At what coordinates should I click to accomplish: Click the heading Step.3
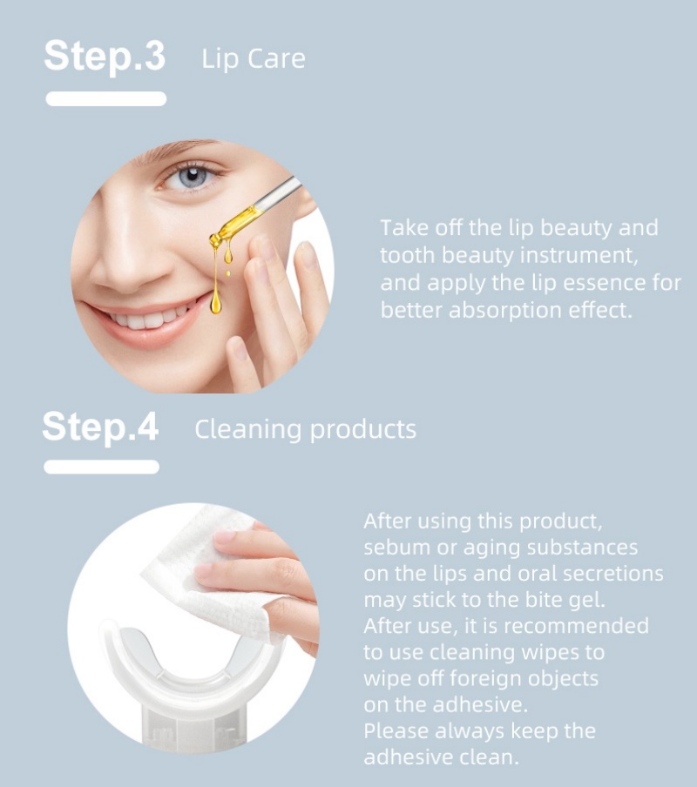105,57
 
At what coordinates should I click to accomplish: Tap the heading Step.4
100,427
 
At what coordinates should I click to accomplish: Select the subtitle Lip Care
253,59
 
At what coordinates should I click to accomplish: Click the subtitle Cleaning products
305,430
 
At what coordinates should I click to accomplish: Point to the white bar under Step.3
106,98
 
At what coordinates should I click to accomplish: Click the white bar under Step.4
101,467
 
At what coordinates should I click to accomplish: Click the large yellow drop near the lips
216,304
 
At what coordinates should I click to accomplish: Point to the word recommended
576,626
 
